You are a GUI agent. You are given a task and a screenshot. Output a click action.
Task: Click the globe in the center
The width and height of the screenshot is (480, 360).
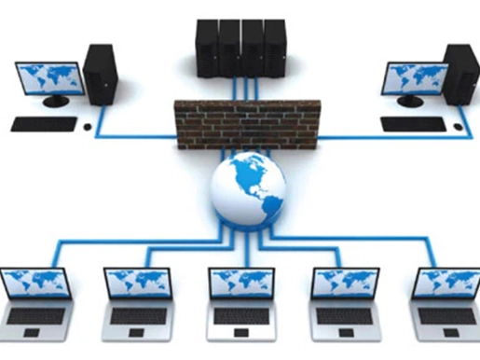tap(246, 190)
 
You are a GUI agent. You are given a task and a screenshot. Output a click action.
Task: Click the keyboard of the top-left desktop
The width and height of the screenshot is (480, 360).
tap(44, 122)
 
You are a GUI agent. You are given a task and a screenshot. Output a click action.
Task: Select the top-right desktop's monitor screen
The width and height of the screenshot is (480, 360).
tap(414, 80)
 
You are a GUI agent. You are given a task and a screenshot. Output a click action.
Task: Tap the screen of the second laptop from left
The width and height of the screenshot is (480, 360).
tap(136, 283)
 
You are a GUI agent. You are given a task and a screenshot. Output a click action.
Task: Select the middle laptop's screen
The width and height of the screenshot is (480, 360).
tap(240, 283)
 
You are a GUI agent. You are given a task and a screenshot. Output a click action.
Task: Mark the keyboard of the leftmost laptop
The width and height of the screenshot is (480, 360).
tap(35, 316)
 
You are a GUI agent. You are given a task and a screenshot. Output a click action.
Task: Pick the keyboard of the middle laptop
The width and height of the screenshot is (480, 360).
tap(240, 316)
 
